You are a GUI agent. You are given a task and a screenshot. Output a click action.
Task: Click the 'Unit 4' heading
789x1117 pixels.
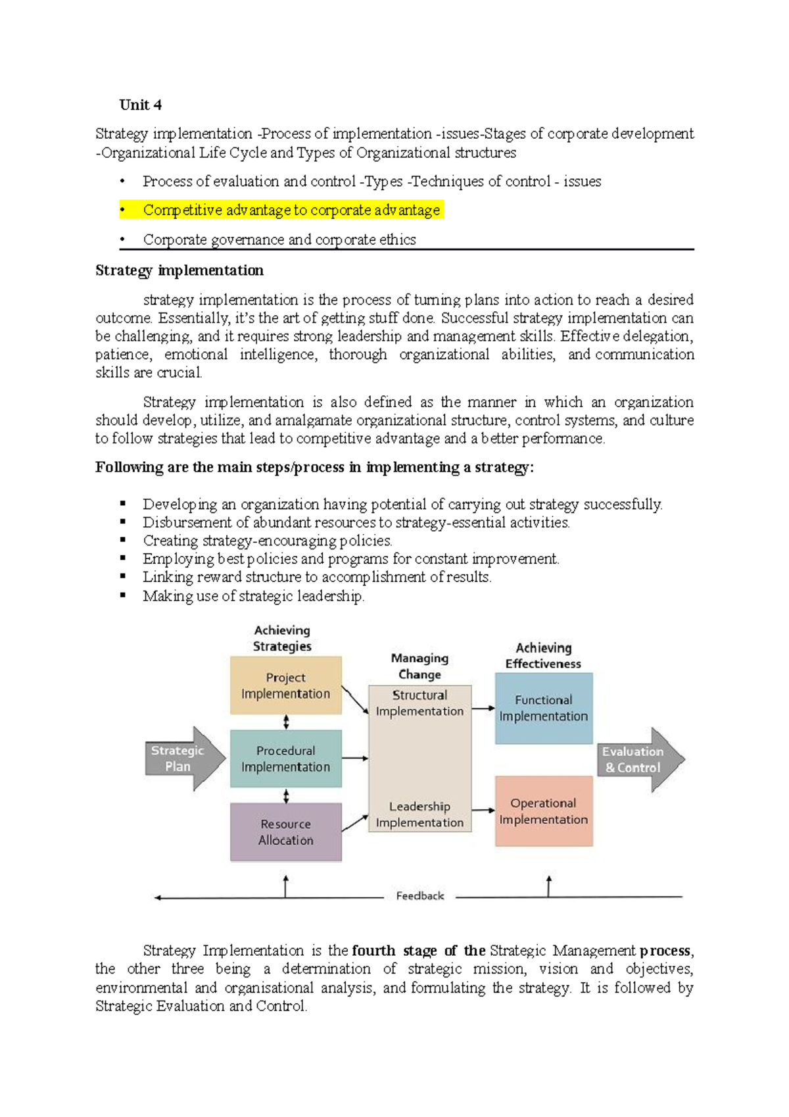[140, 105]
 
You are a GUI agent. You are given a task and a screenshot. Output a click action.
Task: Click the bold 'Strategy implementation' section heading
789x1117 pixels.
[179, 270]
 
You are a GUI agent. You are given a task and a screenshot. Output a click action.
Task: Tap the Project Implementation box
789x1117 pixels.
[285, 685]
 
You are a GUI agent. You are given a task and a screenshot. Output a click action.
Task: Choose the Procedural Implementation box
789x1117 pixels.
[285, 758]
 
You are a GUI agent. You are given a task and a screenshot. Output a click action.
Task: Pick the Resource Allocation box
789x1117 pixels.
[285, 832]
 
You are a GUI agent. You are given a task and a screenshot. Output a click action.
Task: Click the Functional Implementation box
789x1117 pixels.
[543, 708]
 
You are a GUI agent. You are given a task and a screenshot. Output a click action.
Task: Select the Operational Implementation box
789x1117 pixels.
[543, 811]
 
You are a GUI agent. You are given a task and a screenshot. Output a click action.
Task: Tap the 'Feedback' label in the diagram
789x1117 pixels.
[419, 896]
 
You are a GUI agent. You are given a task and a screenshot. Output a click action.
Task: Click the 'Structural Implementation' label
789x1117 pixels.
[419, 703]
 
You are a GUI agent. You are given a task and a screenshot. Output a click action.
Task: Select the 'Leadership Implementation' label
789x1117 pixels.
[419, 814]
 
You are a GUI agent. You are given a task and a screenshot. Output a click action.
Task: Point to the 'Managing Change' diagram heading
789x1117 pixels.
[419, 666]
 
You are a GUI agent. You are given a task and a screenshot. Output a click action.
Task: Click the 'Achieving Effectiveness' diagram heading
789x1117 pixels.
[543, 656]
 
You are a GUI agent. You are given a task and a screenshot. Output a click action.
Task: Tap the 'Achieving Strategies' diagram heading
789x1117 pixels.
[282, 638]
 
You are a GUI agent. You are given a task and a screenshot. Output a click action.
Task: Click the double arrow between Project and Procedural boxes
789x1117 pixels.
[286, 722]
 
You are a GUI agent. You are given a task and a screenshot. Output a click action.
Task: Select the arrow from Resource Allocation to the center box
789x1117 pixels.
[355, 823]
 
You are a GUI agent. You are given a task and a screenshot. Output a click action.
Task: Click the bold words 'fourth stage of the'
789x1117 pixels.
[418, 951]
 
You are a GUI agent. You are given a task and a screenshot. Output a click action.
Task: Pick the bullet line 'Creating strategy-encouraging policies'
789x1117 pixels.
[267, 541]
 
